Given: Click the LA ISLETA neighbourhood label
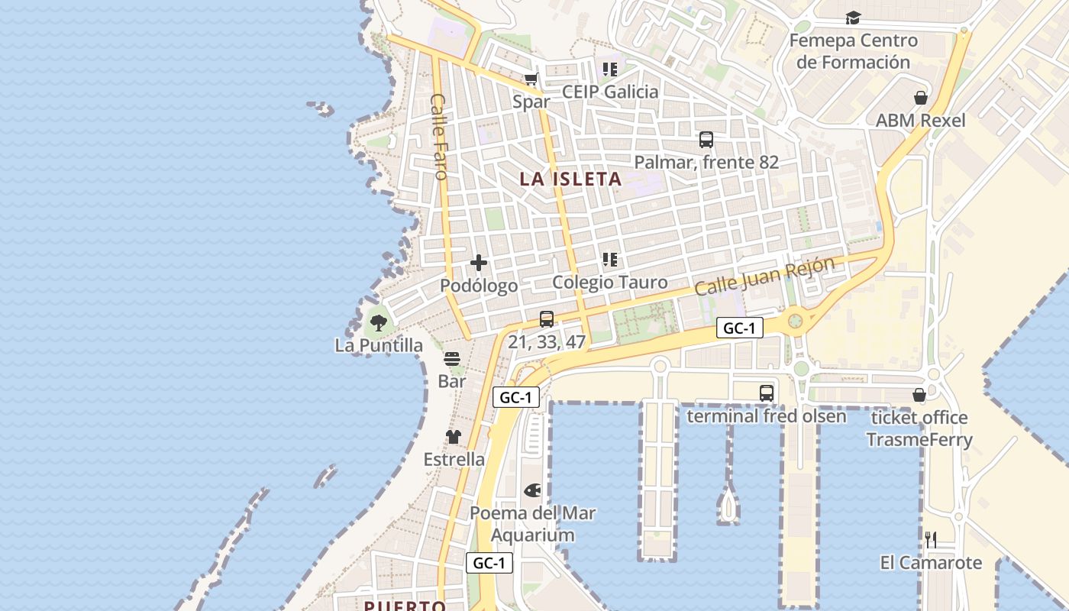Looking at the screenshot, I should pos(570,179).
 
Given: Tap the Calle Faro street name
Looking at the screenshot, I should pos(438,137).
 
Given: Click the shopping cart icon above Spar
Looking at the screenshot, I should pos(531,79).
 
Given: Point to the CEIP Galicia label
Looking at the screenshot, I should pos(609,92).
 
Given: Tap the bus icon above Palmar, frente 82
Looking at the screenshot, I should pos(706,140).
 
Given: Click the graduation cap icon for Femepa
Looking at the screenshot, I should pos(853,18).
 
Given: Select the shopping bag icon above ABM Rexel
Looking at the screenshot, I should pos(921,98).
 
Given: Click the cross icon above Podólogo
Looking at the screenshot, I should pos(479,263).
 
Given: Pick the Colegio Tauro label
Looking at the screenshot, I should pos(609,282).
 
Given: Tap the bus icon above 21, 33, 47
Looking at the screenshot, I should pos(547,319).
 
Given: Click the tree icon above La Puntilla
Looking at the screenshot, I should pos(378,322).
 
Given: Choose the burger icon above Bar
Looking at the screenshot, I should pos(452,358).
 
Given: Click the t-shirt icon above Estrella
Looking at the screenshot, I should pos(454,437).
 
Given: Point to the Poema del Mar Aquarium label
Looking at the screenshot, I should pos(532,524).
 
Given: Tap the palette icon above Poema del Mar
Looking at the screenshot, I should pos(532,490).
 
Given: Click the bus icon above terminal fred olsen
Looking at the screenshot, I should pos(767,393).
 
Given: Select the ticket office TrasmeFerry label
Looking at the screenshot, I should pos(919,428).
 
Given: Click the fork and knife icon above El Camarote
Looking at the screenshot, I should pos(931,540).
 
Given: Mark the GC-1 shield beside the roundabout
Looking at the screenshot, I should pos(740,328).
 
